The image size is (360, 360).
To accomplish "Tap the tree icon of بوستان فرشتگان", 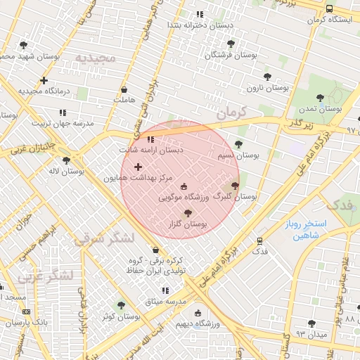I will click(231, 44).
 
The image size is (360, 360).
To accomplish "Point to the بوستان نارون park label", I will click(268, 88).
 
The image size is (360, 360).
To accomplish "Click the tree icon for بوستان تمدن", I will click(320, 98).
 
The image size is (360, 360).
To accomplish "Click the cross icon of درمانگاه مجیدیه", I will click(44, 80).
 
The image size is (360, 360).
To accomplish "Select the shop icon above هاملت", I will click(124, 90).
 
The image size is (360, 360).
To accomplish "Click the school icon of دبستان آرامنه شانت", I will click(150, 139).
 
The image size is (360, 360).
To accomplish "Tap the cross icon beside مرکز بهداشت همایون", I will click(137, 167).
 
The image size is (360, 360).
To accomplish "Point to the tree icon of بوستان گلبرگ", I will click(235, 186).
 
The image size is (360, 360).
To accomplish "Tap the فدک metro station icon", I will click(259, 240).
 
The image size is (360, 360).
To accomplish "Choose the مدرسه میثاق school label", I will click(165, 301).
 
